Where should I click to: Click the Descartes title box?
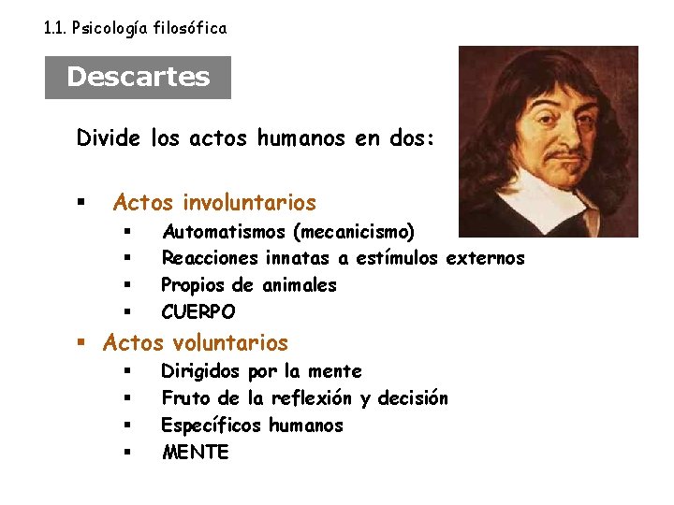tap(138, 77)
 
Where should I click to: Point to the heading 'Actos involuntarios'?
tap(214, 203)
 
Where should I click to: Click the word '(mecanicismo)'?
tap(353, 231)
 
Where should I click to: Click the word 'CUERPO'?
tap(198, 311)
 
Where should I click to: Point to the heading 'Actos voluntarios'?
tap(196, 343)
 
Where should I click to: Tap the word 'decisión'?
tap(413, 398)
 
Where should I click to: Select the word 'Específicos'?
tap(212, 426)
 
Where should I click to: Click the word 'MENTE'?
tap(195, 453)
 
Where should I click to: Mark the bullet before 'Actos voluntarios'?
tap(82, 344)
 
